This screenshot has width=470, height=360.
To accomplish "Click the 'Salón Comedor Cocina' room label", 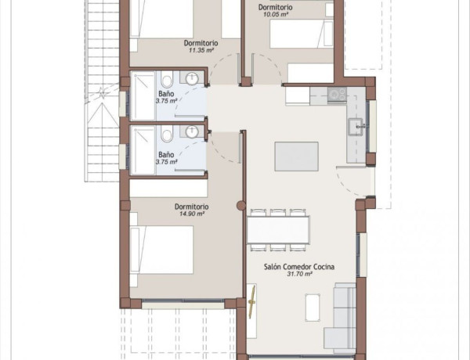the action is (x=299, y=267).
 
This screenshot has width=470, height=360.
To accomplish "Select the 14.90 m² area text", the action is (x=192, y=214).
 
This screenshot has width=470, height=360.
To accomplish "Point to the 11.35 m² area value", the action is (x=201, y=50).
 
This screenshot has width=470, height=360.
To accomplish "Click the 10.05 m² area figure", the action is (x=276, y=14).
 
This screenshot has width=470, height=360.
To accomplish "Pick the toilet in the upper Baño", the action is (x=167, y=79).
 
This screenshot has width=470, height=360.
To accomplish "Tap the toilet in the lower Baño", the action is (x=167, y=134).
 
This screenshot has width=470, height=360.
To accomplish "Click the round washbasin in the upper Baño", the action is (x=192, y=79).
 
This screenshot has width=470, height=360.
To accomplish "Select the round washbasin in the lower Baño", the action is (x=192, y=131).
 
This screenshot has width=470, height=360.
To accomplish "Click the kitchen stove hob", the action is (x=337, y=95).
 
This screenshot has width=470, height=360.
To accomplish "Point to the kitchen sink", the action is (x=356, y=127).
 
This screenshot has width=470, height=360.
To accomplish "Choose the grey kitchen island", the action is (x=296, y=157).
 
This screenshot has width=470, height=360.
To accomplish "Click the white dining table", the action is (x=278, y=230).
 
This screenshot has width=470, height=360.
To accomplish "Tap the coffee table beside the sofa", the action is (x=313, y=308).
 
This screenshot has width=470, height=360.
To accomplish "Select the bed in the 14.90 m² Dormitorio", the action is (x=162, y=250).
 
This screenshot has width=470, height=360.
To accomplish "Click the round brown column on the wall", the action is (x=241, y=206).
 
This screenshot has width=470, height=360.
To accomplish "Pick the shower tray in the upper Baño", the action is (x=143, y=95).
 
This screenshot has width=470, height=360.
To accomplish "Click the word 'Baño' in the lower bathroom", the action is (x=166, y=155).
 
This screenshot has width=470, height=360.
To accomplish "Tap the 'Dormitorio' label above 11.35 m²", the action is (x=201, y=43).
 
